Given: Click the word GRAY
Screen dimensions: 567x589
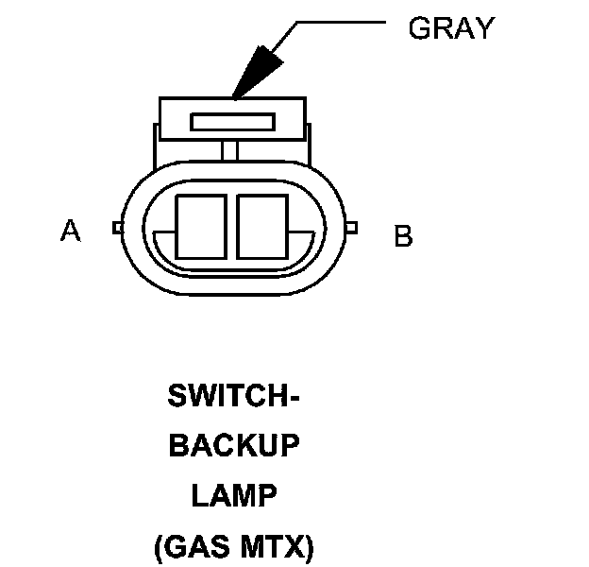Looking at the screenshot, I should point(450,28).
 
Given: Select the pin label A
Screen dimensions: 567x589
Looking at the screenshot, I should point(70,230).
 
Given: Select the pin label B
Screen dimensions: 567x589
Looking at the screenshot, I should point(403,235).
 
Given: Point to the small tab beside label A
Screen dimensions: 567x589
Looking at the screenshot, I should point(116,227).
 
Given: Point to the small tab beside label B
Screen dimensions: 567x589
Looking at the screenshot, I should point(351,228).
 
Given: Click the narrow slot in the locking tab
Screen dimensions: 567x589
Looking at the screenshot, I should point(232,122).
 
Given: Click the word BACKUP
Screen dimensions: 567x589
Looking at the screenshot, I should point(233,446).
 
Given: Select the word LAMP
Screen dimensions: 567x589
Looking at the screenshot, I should point(233,495).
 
